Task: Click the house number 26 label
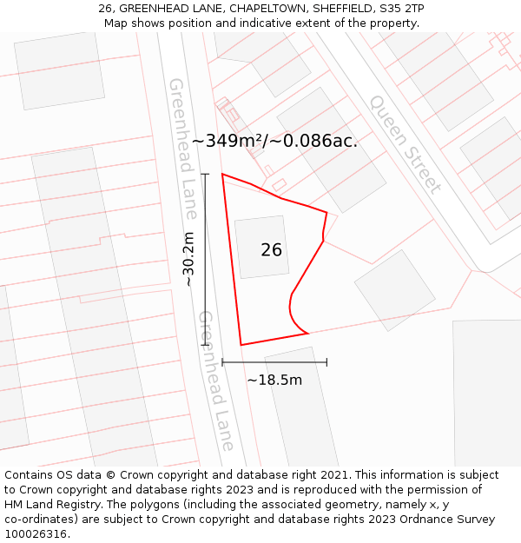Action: [271, 250]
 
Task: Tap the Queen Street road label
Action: [405, 143]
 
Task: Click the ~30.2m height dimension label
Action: [188, 259]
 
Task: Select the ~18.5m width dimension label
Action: [274, 380]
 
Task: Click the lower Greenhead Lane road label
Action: [217, 380]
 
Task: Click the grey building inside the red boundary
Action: [260, 247]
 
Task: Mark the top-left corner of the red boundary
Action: [222, 174]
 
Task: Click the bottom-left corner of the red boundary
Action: [241, 345]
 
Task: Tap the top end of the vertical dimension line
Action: [206, 175]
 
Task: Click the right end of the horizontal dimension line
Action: [326, 361]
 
